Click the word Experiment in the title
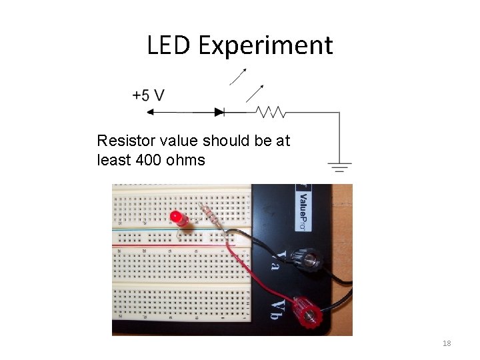(x=265, y=46)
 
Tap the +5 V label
(x=148, y=95)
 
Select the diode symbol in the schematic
(x=219, y=112)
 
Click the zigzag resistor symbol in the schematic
(x=271, y=112)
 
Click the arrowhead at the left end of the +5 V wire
(x=149, y=112)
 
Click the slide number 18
(x=447, y=343)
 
